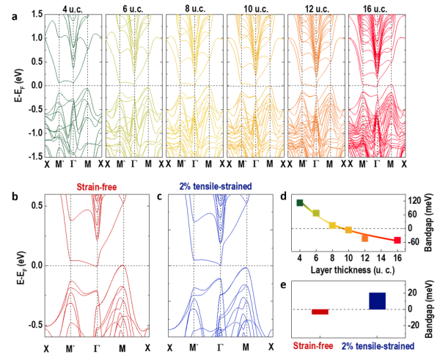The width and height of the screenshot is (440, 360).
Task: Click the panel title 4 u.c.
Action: point(73,10)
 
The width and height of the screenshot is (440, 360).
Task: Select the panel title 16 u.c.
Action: point(374,10)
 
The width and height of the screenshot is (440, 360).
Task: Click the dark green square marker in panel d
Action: point(300,202)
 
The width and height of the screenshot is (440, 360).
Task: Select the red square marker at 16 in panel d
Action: point(397,240)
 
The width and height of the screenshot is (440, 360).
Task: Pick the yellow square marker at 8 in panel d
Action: point(332,225)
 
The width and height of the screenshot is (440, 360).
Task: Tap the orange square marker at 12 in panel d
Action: point(364,238)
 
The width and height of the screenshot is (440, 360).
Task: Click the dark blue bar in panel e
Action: point(378,301)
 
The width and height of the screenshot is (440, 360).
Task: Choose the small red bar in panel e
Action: point(320,312)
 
